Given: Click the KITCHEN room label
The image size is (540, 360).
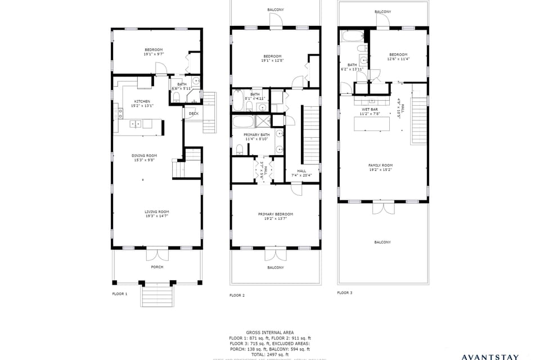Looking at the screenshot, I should tap(142, 101).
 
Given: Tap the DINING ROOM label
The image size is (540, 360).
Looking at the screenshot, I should tap(145, 156).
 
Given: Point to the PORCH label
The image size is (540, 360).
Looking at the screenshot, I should tap(157, 267).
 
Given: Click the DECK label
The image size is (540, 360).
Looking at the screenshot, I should tap(193, 114).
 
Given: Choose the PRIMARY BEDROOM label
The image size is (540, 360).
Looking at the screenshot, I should tap(276, 214).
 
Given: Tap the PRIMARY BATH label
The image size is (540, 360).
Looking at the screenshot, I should tap(256, 135).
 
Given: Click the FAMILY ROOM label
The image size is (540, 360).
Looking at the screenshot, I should tap(380, 165).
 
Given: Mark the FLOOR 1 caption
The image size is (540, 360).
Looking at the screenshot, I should tap(120, 294).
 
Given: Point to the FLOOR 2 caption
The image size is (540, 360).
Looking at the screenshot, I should tap(237, 295).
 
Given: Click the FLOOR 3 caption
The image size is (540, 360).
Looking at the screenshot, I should tap(345, 293).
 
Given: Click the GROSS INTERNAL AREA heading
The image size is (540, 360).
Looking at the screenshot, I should tap(269, 332).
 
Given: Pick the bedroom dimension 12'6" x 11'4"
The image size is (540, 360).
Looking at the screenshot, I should tap(398, 59).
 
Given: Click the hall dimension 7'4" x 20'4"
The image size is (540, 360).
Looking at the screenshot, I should tap(301, 175).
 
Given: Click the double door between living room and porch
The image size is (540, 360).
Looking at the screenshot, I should tap(157, 254).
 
